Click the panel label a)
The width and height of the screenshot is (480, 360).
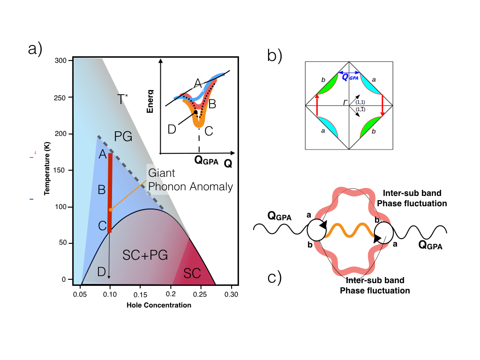click(x=35, y=49)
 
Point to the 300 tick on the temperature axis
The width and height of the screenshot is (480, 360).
click(x=64, y=61)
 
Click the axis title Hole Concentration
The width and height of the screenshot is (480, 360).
click(x=159, y=305)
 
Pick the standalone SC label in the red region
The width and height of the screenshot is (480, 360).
click(x=193, y=273)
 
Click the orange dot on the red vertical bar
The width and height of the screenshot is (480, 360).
click(x=111, y=210)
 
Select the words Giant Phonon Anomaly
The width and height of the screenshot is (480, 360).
click(x=190, y=180)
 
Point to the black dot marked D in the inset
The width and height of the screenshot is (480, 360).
click(x=195, y=112)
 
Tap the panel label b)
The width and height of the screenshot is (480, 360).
click(x=275, y=56)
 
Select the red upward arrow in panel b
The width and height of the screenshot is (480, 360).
click(x=317, y=104)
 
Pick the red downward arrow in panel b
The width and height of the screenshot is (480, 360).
click(x=382, y=104)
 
